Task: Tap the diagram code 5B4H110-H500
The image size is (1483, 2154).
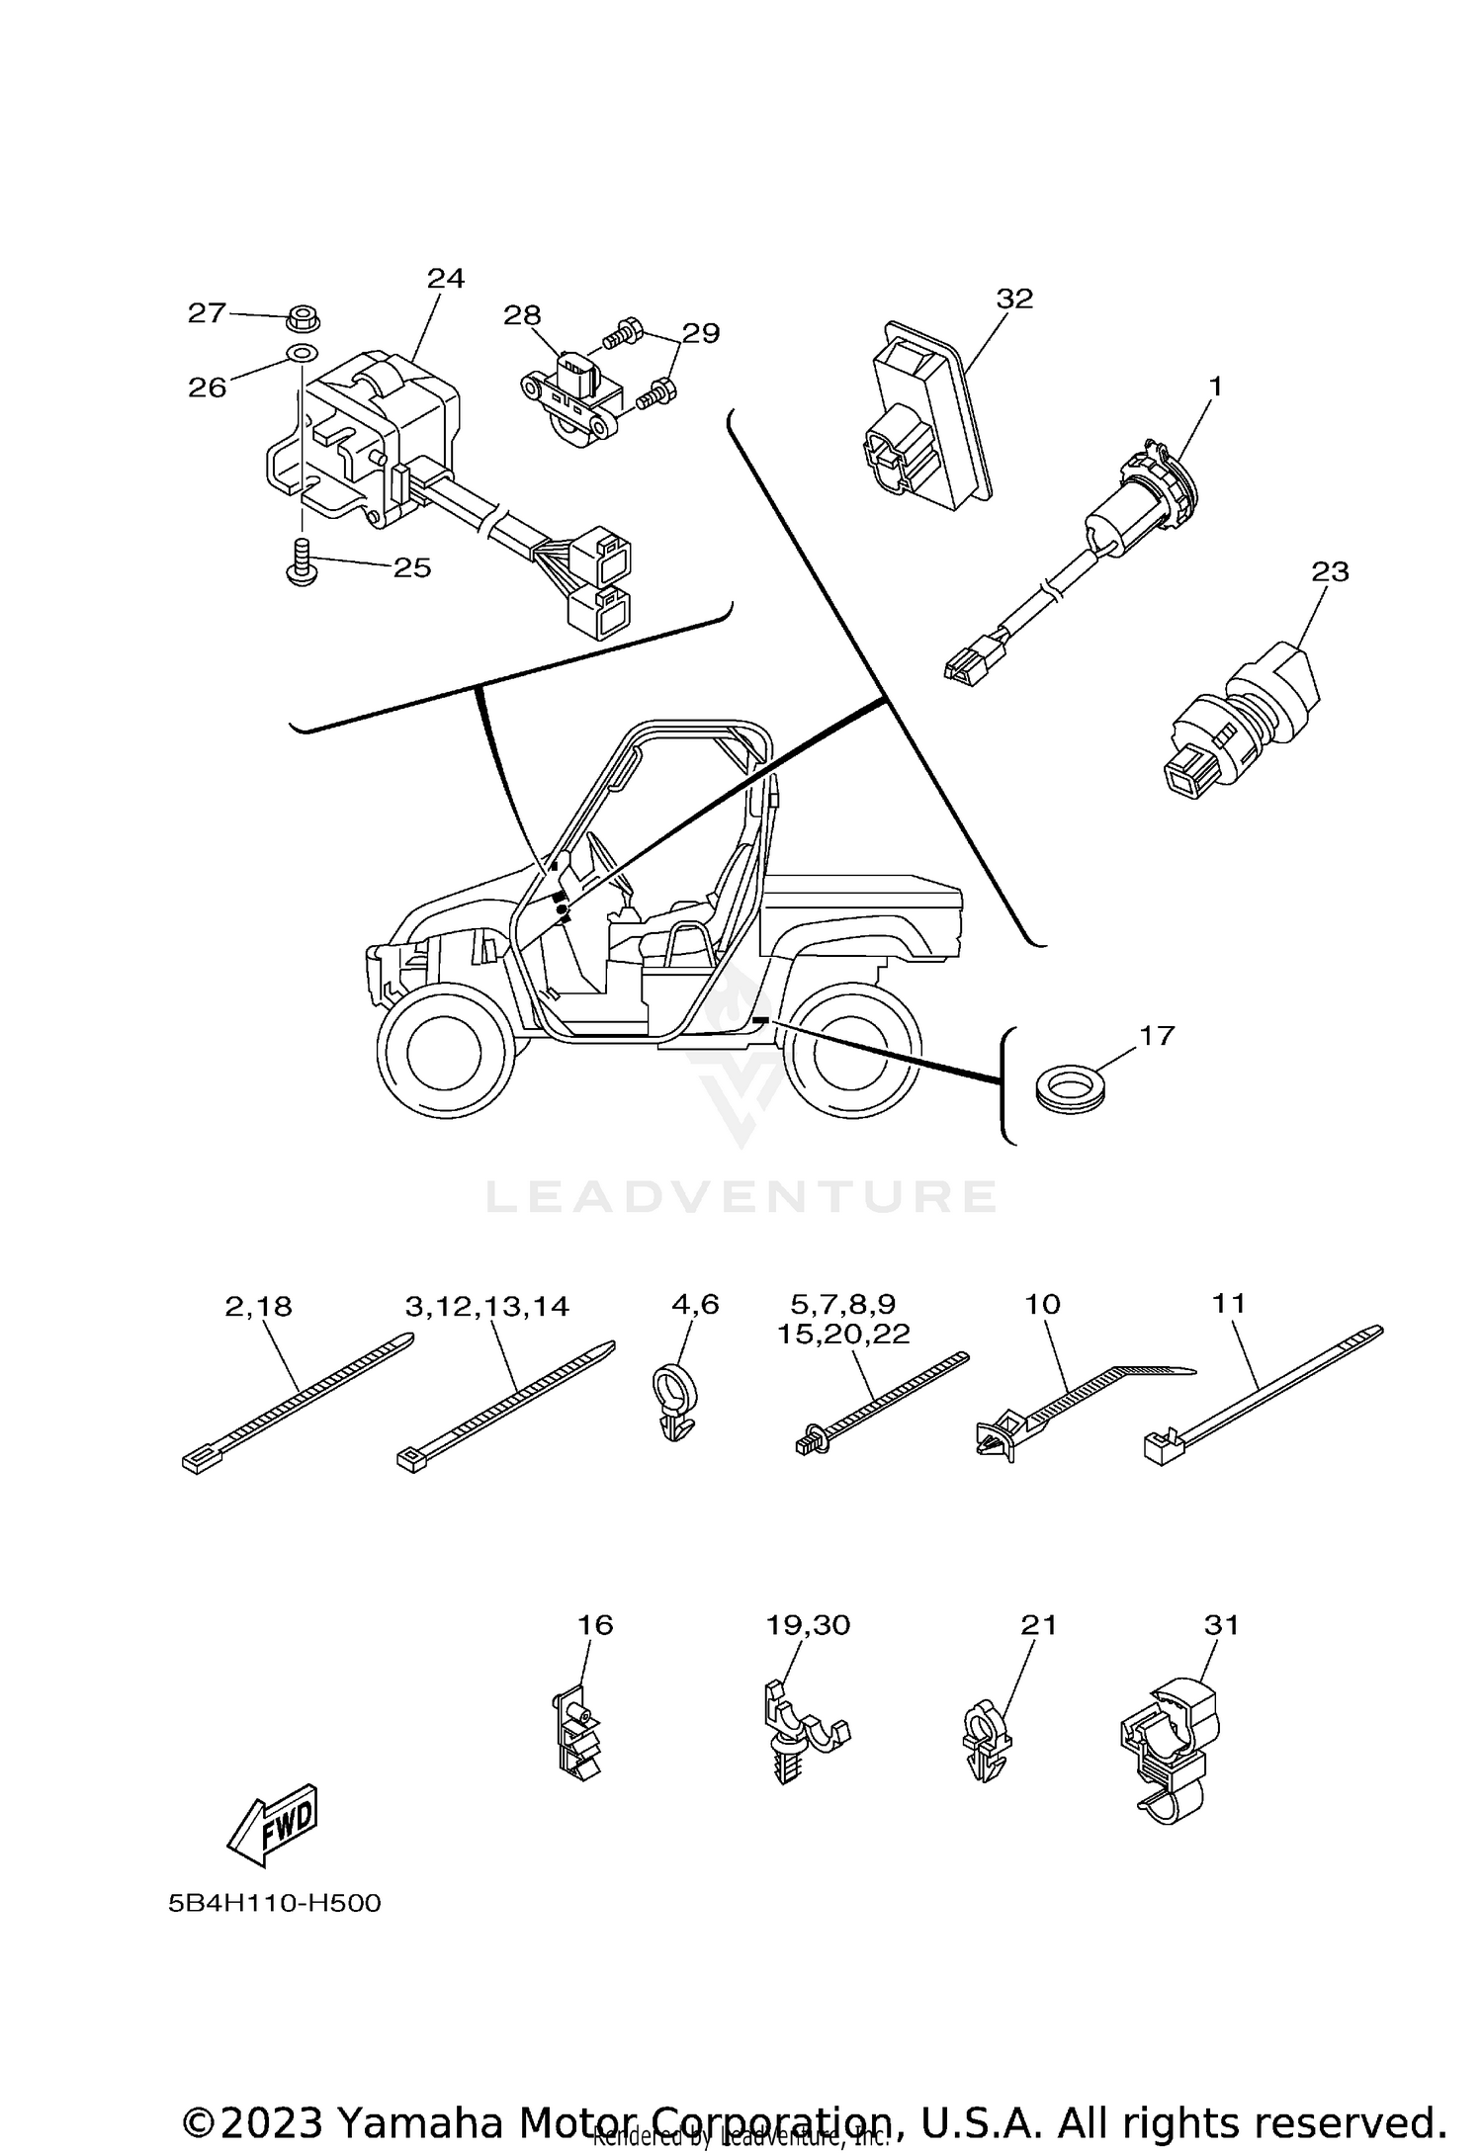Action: pos(274,1903)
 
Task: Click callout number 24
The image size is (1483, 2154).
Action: pos(445,279)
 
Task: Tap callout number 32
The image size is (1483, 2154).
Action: pos(1013,299)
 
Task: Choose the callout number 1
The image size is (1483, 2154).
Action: pos(1215,387)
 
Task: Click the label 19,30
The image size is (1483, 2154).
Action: pos(808,1625)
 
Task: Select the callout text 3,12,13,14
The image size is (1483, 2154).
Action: pos(486,1307)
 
